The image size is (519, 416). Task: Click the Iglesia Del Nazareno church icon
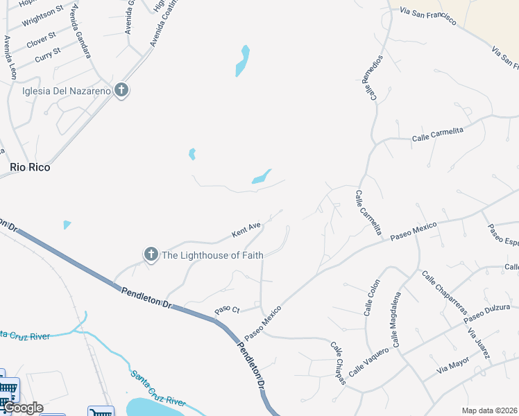[121, 90]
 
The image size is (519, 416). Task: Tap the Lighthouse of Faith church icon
[151, 254]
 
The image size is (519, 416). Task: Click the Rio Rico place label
[30, 167]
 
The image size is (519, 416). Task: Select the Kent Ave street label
[246, 227]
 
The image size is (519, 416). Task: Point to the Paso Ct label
[227, 309]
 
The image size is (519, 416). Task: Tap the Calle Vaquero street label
[368, 361]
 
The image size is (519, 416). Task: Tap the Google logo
[22, 408]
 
